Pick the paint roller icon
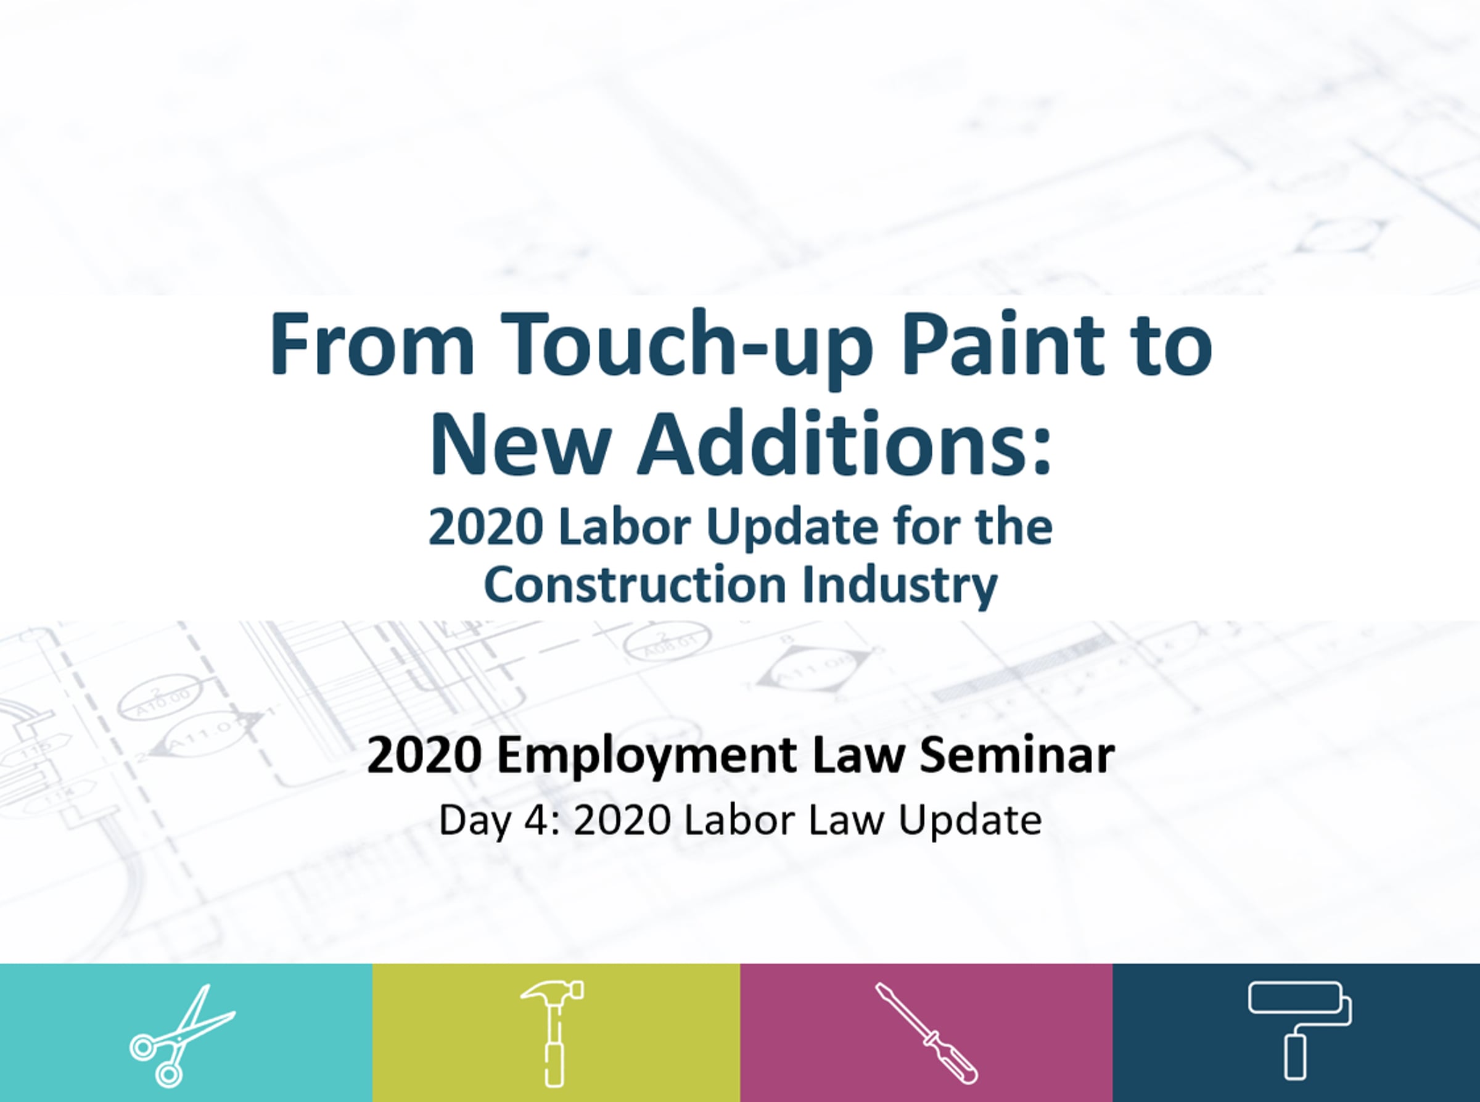pyautogui.click(x=1299, y=1030)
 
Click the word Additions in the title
pyautogui.click(x=844, y=444)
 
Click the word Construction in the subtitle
pyautogui.click(x=635, y=585)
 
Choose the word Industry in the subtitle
pyautogui.click(x=900, y=586)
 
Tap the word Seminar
pyautogui.click(x=1017, y=756)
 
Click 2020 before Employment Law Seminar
pyautogui.click(x=424, y=756)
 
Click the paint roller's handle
pyautogui.click(x=1295, y=1055)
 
